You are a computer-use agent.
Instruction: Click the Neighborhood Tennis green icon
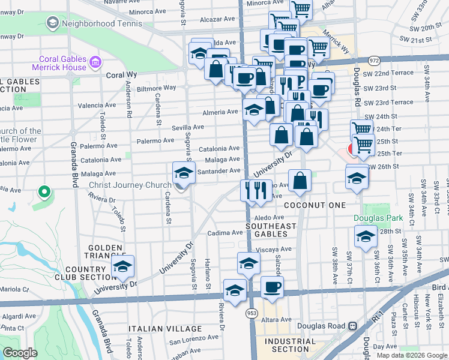pos(52,23)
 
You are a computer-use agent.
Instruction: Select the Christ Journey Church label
pos(130,185)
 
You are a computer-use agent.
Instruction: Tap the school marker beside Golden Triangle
pos(123,267)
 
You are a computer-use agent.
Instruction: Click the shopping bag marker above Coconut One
pos(300,181)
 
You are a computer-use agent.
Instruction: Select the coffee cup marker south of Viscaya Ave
pos(272,287)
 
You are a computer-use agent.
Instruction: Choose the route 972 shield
pos(374,61)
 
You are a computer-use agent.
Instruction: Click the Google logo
pos(20,353)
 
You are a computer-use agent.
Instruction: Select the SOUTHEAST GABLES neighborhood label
pos(271,230)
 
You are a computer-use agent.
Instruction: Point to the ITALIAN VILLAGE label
pos(165,329)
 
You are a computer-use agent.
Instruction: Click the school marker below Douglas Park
pos(366,237)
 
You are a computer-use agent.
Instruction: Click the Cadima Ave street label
pos(224,233)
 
